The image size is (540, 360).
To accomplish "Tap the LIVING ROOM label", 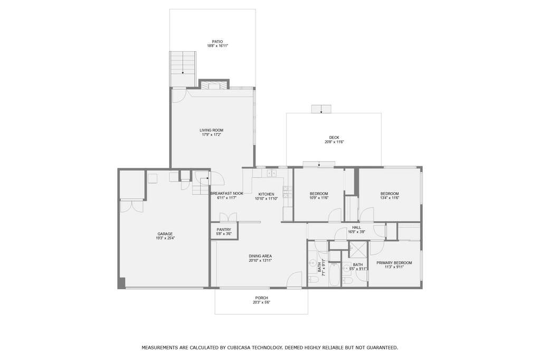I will [x=211, y=130].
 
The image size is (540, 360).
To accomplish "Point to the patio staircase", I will [x=182, y=69].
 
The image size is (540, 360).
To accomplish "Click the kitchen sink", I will [x=272, y=173].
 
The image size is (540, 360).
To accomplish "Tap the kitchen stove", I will [x=286, y=193].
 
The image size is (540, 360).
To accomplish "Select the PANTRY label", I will [x=224, y=229].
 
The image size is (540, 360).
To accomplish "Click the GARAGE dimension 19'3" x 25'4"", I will [x=165, y=239].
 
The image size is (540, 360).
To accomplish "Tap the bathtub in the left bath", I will [x=335, y=274].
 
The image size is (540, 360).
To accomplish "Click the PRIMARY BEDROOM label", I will [x=394, y=263].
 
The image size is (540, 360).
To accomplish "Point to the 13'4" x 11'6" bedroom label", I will [x=390, y=193].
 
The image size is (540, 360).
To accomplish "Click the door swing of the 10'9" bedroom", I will [x=333, y=215].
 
